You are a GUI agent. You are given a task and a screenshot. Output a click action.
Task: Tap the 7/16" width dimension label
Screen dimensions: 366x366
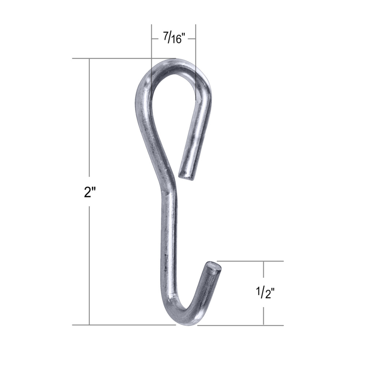(173, 39)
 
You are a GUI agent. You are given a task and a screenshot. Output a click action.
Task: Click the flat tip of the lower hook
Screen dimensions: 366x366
(213, 266)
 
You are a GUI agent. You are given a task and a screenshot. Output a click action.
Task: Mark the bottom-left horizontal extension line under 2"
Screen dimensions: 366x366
(124, 325)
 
